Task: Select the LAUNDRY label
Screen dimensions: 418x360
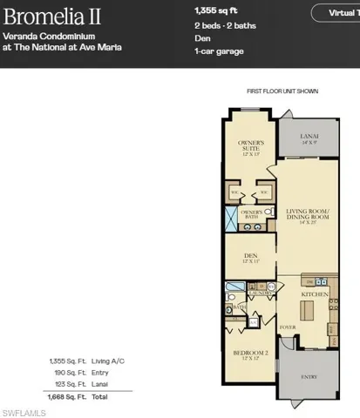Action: (x=257, y=293)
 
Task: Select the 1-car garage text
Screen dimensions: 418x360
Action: (x=219, y=51)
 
